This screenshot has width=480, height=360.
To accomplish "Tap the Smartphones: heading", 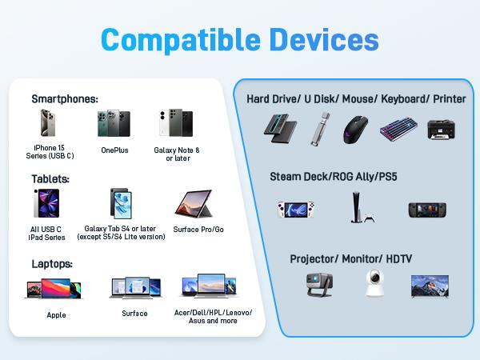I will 65,98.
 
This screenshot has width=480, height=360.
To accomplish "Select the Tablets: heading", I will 50,178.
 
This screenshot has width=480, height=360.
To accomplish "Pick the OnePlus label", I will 114,150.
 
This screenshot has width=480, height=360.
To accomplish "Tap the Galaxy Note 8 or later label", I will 177,154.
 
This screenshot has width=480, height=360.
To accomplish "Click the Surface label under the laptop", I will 134,313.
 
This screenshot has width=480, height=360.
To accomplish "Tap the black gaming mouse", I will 358,129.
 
